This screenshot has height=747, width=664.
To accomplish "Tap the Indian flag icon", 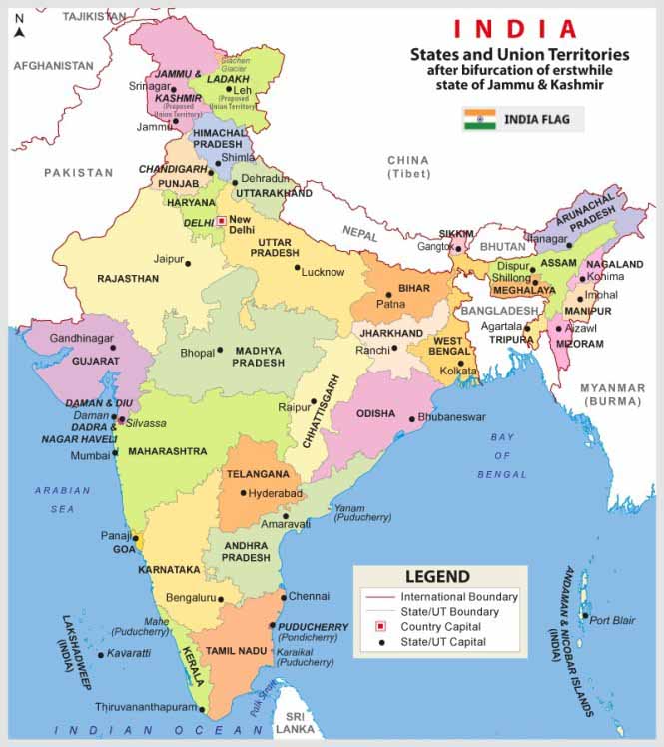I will pos(479,120).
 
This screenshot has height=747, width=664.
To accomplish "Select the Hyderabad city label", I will pos(276,493).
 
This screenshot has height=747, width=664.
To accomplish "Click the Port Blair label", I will pos(612,620).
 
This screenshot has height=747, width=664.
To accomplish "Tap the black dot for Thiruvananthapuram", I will pos(203,711).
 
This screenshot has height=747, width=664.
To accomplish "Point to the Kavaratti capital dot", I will pos(100,655).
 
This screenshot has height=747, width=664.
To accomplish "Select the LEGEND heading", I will pos(436,577).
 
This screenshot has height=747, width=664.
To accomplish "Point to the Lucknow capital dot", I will pos(297,267).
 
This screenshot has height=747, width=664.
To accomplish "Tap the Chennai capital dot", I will pos(285,598).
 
